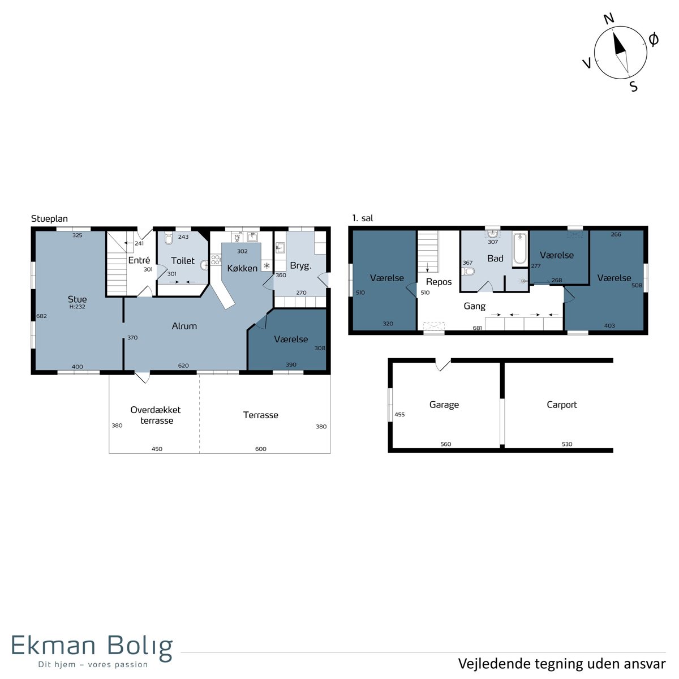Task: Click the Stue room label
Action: tap(77, 299)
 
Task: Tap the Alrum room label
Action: tap(184, 326)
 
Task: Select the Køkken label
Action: tap(242, 268)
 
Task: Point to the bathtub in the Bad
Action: tap(520, 248)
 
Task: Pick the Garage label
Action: tap(444, 405)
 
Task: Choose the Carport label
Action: tap(562, 405)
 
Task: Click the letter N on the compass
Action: tap(609, 19)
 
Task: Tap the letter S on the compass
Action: tap(634, 87)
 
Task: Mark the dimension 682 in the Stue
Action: tap(41, 316)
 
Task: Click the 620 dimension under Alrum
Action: tap(183, 366)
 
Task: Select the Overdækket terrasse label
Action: tap(156, 415)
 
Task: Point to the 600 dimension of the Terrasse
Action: tap(261, 449)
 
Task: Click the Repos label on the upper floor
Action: tap(439, 282)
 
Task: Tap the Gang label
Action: tap(474, 306)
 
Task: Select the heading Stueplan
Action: tap(49, 219)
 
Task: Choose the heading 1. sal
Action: tap(363, 218)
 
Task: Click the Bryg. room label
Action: tap(300, 266)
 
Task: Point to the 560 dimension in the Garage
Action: tap(446, 444)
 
